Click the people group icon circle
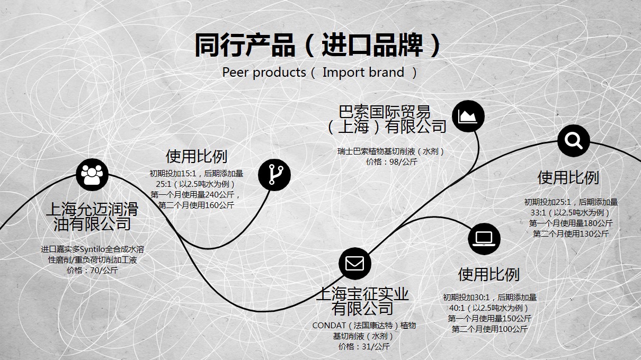click(x=92, y=174)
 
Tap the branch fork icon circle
click(x=274, y=175)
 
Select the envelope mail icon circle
click(x=355, y=263)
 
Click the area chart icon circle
click(x=468, y=116)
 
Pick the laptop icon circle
click(x=484, y=239)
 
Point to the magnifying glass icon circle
click(x=574, y=141)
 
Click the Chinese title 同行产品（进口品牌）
click(x=318, y=45)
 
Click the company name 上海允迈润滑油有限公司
click(x=92, y=217)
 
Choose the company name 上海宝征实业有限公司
click(x=362, y=301)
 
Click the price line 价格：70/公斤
click(x=92, y=270)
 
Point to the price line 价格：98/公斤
click(x=392, y=162)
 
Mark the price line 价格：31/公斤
click(x=364, y=347)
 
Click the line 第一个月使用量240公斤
click(x=195, y=195)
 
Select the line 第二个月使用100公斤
click(x=489, y=329)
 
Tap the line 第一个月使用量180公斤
click(x=571, y=223)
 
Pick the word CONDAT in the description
click(x=325, y=326)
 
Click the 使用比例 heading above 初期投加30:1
click(x=489, y=275)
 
